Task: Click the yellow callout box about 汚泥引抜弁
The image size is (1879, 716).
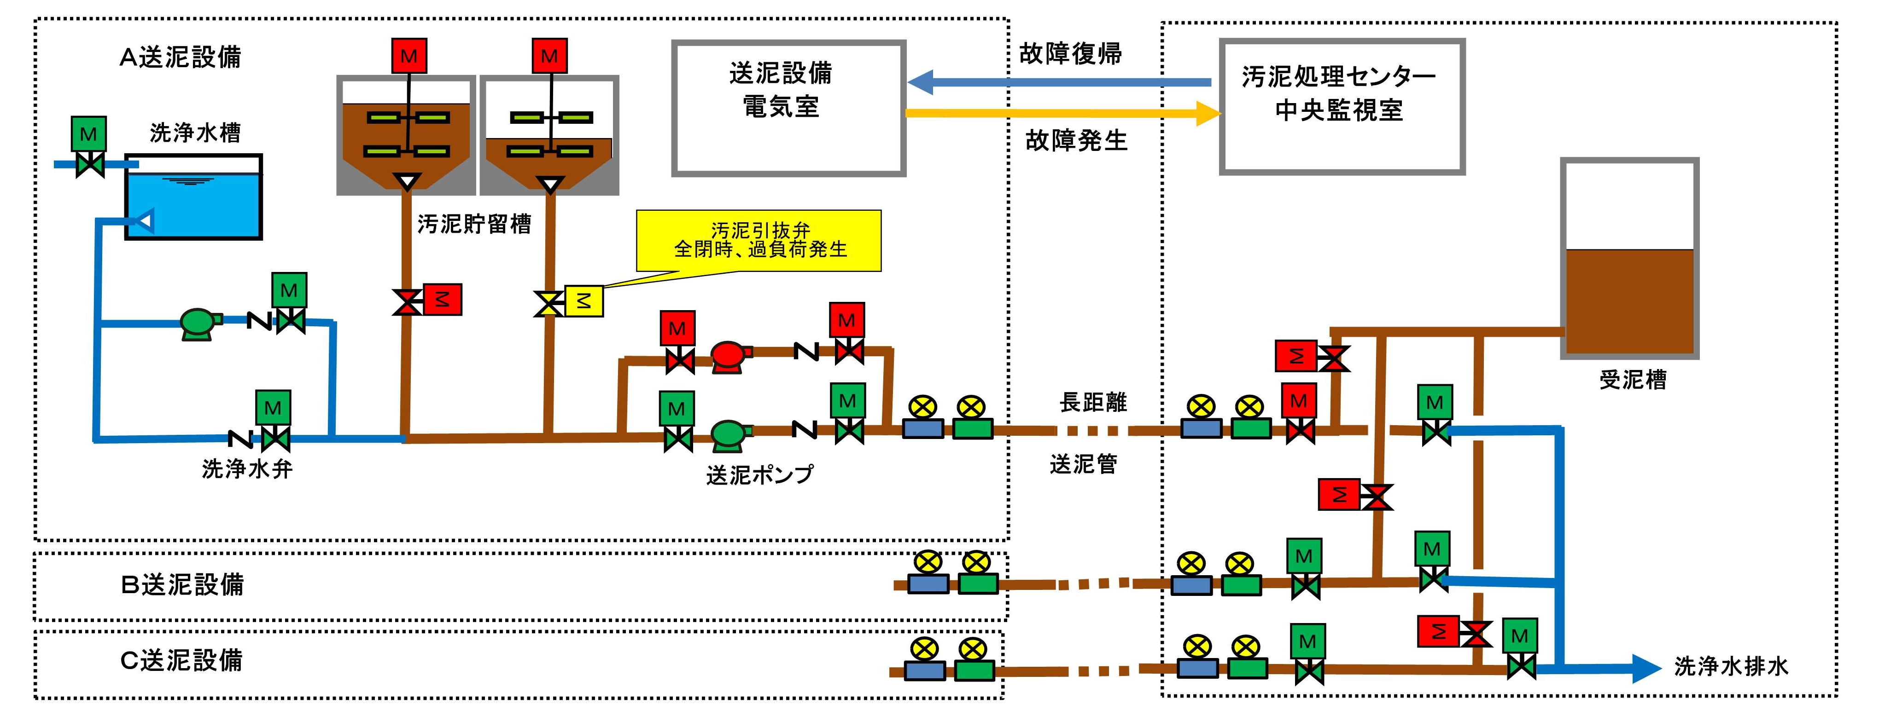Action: (759, 241)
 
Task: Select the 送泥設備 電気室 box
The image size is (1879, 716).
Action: (788, 108)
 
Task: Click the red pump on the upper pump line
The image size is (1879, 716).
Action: (729, 357)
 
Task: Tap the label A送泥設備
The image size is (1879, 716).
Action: (180, 57)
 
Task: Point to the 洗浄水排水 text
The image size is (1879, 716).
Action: (1731, 666)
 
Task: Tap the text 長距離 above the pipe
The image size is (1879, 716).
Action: (1093, 402)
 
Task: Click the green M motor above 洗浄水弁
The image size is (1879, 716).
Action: (273, 408)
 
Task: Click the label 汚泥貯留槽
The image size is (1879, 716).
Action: (474, 224)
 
